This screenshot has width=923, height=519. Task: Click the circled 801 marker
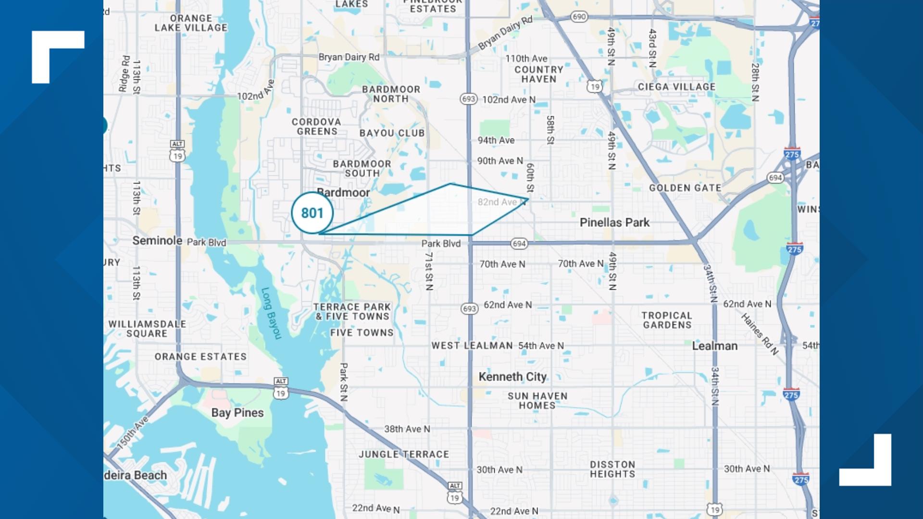[x=312, y=213]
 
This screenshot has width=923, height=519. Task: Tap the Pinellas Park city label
[x=614, y=222]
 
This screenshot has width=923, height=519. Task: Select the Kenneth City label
[x=512, y=377]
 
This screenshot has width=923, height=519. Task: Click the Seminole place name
[x=157, y=241]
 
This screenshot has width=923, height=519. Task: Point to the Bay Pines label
[x=237, y=413]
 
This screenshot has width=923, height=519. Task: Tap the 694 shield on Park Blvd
[x=519, y=244]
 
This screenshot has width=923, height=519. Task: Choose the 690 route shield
[x=579, y=17]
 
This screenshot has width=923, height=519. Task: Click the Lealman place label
[x=714, y=346]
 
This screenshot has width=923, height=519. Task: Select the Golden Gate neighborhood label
[x=685, y=188]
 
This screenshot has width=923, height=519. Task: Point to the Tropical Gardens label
[x=667, y=320]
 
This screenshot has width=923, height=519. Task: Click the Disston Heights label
[x=612, y=469]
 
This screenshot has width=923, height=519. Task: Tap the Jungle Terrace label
[x=404, y=454]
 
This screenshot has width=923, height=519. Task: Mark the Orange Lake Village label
[x=191, y=23]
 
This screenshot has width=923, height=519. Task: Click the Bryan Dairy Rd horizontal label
[x=349, y=57]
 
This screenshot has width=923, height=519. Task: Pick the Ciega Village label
[x=676, y=87]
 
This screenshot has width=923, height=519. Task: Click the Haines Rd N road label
[x=759, y=334]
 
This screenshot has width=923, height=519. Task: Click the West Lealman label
[x=472, y=346]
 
